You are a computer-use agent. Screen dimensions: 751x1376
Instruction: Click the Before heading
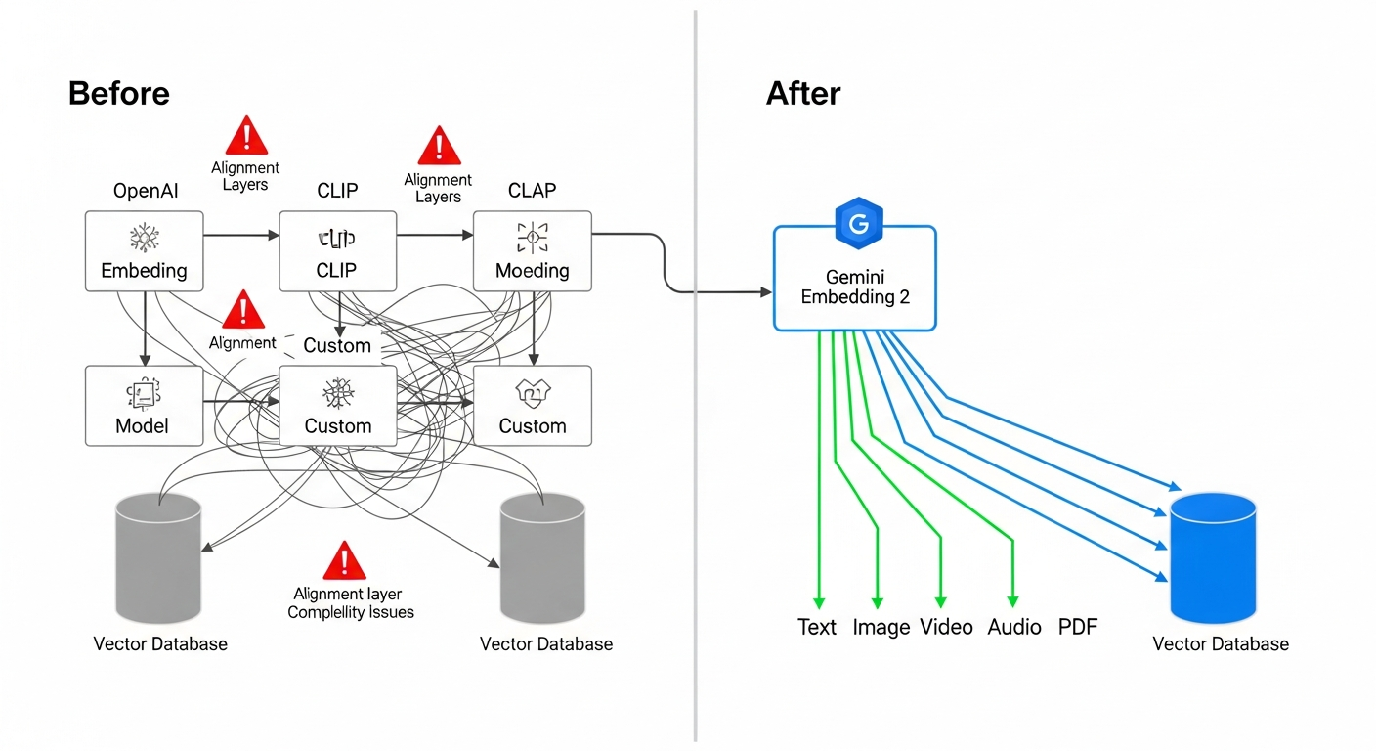point(119,94)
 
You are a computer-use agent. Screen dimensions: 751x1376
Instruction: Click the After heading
point(803,94)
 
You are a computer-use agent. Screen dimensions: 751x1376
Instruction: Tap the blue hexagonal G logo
point(859,224)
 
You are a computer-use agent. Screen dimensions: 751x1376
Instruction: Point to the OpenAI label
point(146,191)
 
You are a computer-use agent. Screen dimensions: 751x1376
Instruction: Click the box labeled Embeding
point(145,251)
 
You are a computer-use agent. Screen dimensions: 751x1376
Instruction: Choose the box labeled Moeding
point(533,251)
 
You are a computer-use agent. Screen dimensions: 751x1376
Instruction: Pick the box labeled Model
point(143,406)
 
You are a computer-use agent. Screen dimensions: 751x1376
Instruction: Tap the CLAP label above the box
point(532,191)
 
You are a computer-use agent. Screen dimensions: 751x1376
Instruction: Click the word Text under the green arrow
point(817,627)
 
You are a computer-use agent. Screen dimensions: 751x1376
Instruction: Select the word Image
point(881,627)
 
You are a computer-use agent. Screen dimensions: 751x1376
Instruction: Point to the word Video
point(946,627)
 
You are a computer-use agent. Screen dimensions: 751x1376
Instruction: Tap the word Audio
point(1014,627)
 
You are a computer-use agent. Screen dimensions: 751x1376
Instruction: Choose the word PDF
point(1078,627)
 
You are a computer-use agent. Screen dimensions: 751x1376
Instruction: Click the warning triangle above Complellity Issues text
point(343,561)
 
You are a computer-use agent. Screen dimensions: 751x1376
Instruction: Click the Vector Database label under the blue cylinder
point(1221,643)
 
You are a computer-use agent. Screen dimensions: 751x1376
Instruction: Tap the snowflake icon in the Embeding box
point(145,237)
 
